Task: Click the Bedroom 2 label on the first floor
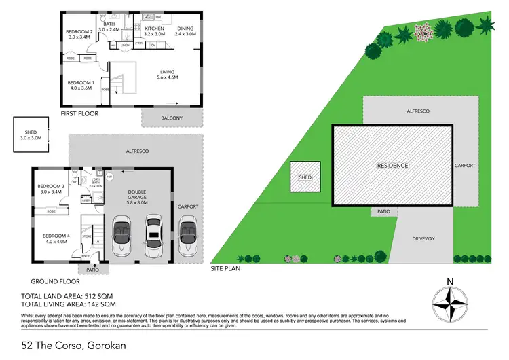pyautogui.click(x=79, y=35)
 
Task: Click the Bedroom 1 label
pyautogui.click(x=79, y=84)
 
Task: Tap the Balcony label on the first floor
pyautogui.click(x=172, y=118)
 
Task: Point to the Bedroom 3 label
pyautogui.click(x=52, y=190)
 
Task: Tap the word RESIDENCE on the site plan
pyautogui.click(x=392, y=165)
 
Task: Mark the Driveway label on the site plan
pyautogui.click(x=422, y=239)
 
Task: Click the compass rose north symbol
pyautogui.click(x=450, y=300)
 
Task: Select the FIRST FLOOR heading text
pyautogui.click(x=79, y=113)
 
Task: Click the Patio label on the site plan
pyautogui.click(x=384, y=212)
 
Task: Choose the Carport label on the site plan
pyautogui.click(x=465, y=165)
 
